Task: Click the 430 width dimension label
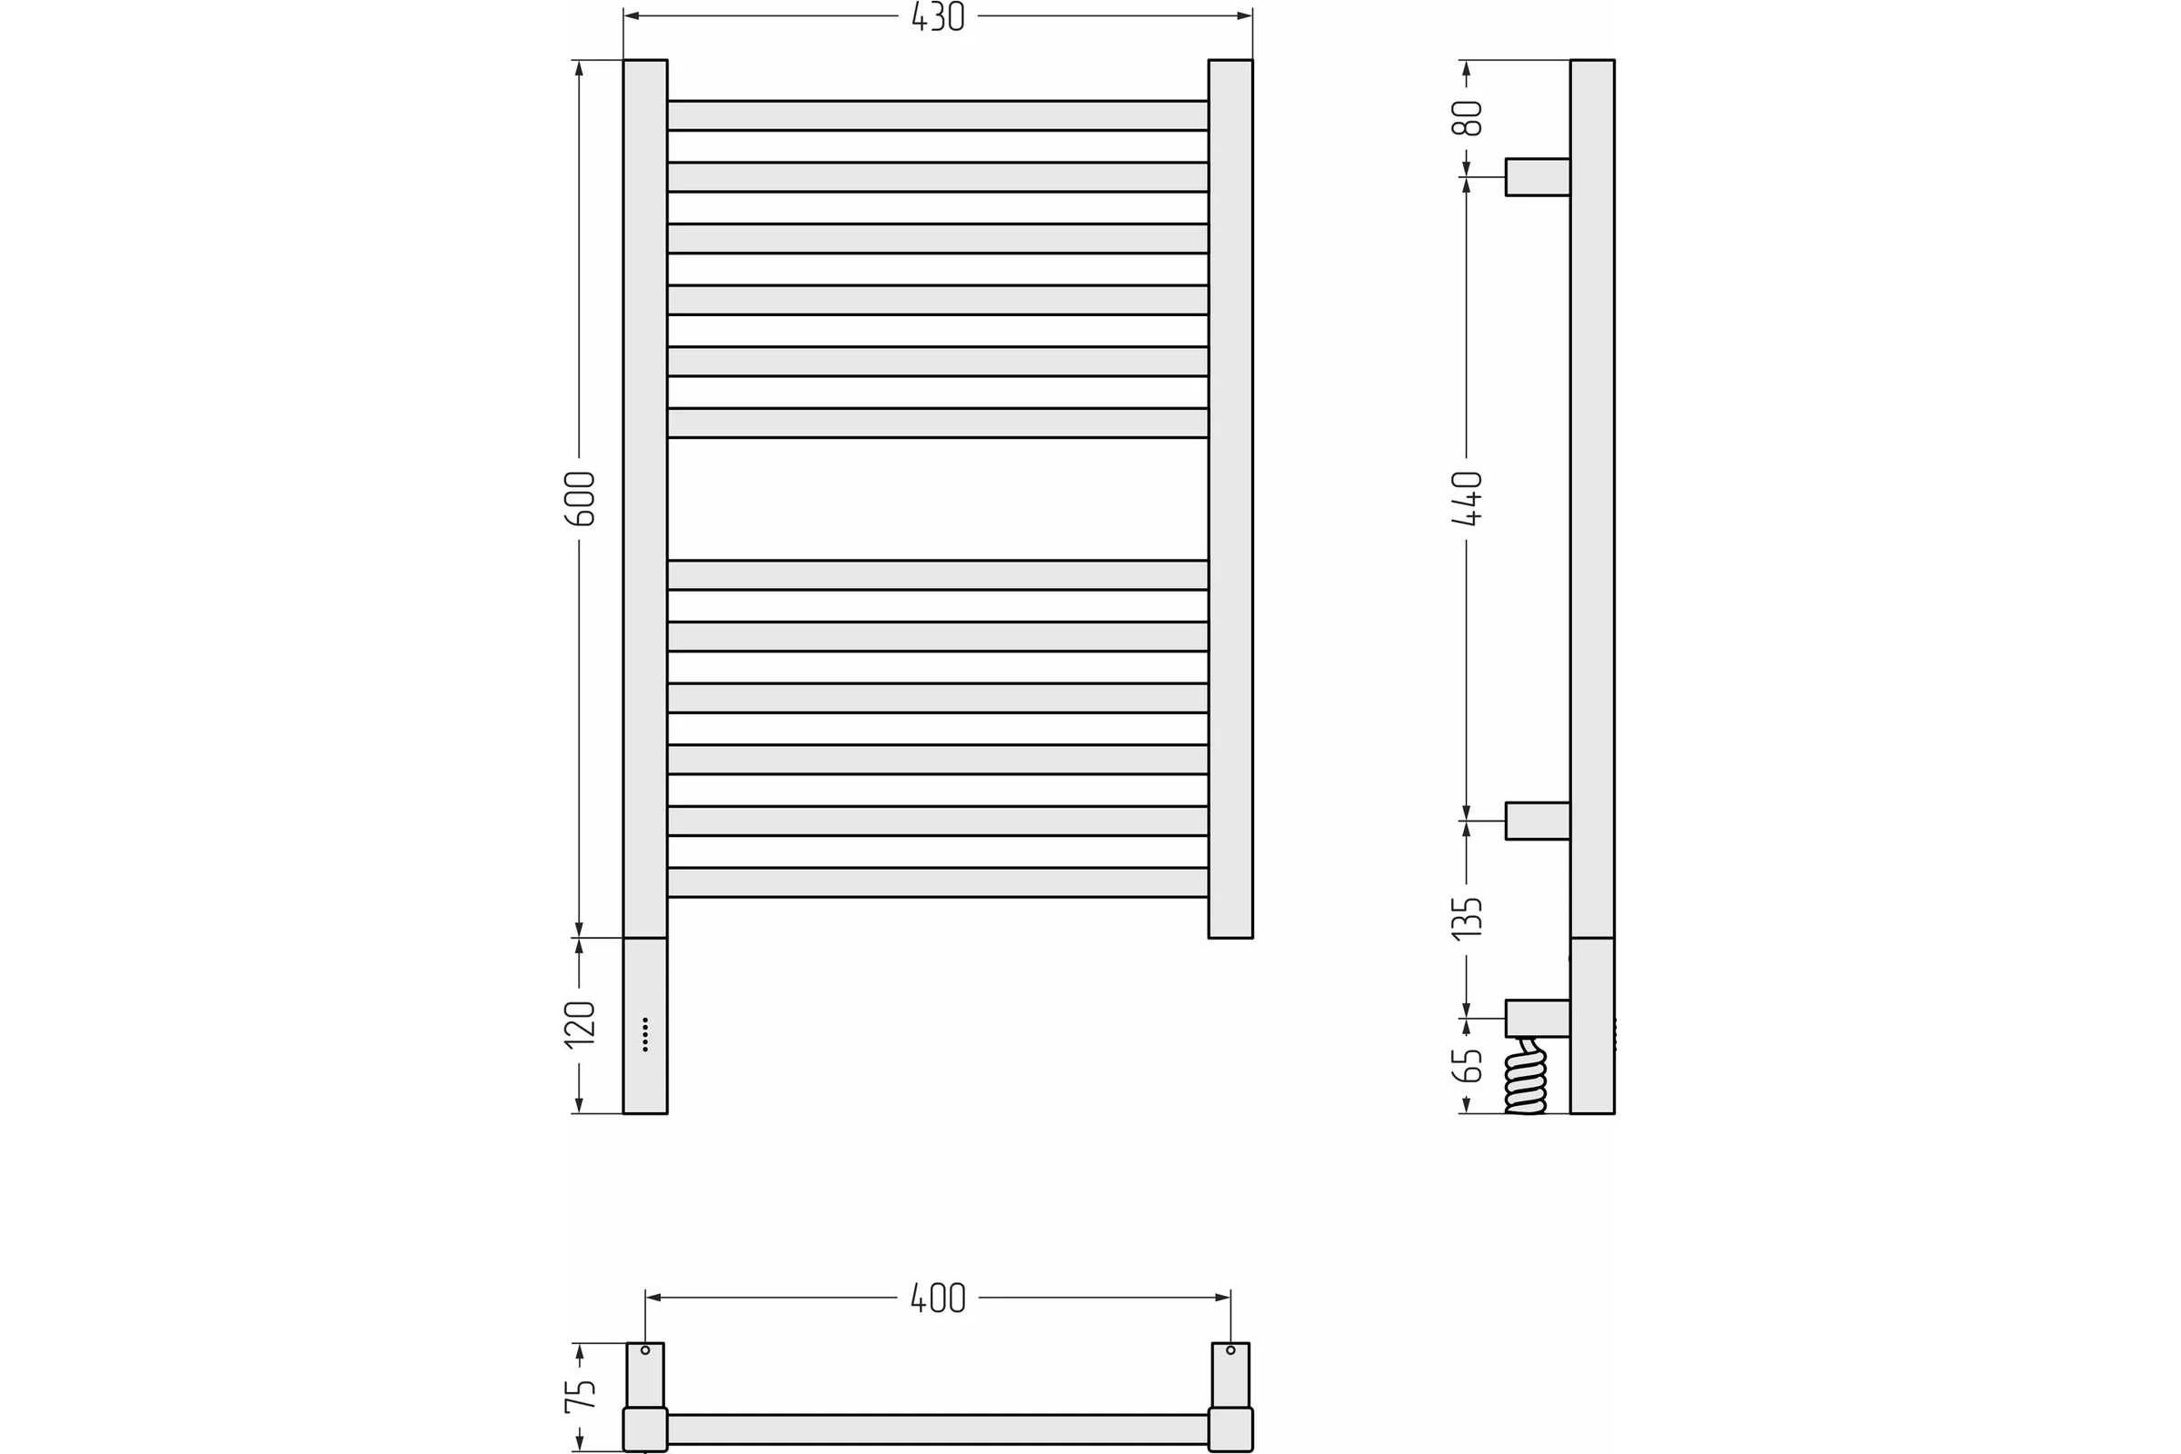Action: pos(938,16)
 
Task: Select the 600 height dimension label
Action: pos(580,499)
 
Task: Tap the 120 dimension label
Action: pos(580,1025)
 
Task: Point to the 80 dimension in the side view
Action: pos(1467,118)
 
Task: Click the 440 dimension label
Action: pos(1467,498)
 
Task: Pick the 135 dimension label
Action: pos(1467,918)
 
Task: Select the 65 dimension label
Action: pos(1467,1065)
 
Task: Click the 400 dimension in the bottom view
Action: pos(938,1299)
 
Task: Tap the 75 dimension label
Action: pos(580,1396)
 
